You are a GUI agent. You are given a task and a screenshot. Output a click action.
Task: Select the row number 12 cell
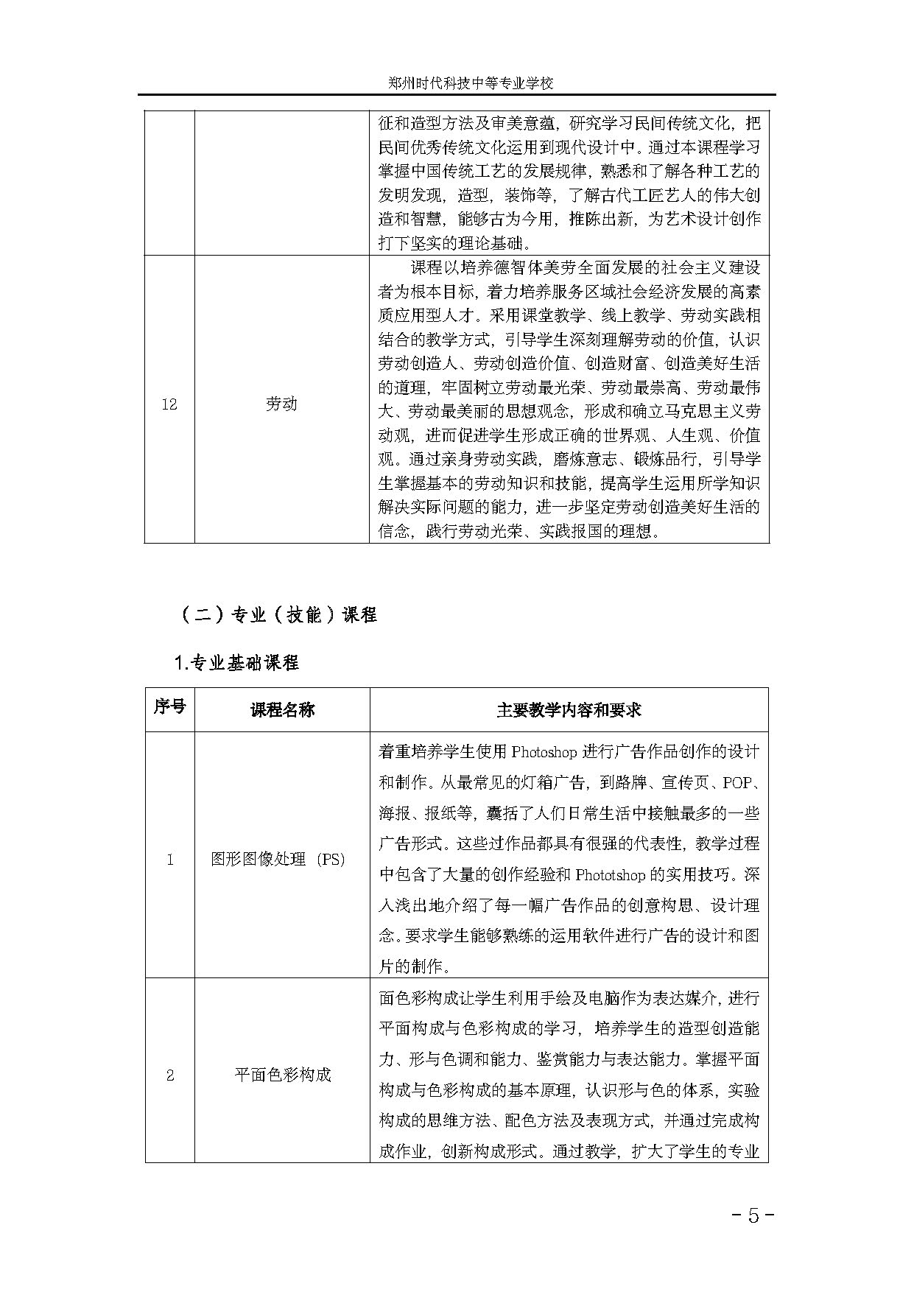(169, 404)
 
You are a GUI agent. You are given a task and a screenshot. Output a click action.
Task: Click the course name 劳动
(281, 404)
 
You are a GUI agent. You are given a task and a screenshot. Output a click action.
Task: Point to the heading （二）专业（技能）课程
(278, 614)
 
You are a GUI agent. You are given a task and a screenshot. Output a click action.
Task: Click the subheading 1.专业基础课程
(236, 662)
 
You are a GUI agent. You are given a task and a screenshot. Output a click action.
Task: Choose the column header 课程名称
(282, 709)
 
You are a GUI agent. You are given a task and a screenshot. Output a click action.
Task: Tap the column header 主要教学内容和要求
(569, 709)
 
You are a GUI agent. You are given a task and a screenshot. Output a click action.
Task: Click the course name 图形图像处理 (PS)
(278, 859)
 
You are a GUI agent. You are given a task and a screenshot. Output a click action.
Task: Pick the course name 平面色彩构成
(282, 1075)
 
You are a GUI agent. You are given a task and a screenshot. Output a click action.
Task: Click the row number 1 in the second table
(170, 860)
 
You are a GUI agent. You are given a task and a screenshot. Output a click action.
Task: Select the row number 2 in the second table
(170, 1075)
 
